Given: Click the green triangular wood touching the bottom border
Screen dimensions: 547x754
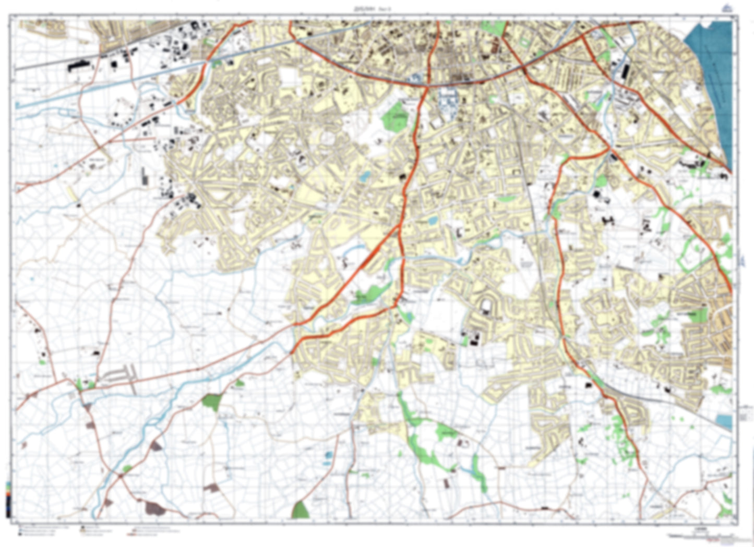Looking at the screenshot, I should pos(300,510).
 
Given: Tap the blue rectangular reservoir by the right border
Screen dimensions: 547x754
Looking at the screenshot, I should pos(724,420).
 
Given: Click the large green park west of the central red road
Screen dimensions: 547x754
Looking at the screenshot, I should pos(395,116).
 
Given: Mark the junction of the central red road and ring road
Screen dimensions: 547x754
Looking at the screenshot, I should pos(426,86).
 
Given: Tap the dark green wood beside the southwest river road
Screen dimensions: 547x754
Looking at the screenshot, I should pos(211,402).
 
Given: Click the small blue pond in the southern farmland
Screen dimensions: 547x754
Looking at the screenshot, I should pos(328,455).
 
